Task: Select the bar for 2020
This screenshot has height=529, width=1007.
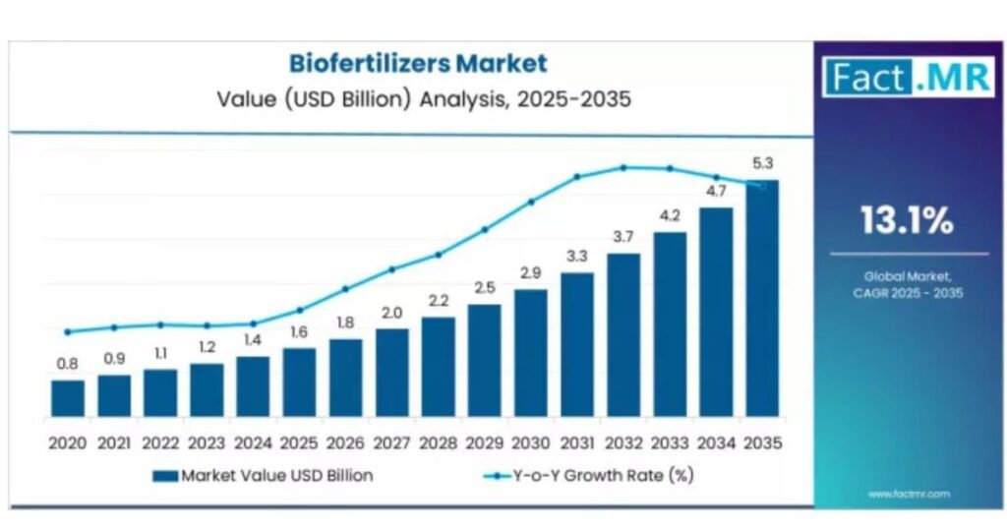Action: (x=68, y=397)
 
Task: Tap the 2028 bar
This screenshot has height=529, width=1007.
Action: (x=439, y=366)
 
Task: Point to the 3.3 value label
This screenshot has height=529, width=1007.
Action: (x=577, y=257)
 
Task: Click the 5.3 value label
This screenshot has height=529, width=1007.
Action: (x=762, y=162)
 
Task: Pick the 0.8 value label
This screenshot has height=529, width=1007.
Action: (x=67, y=364)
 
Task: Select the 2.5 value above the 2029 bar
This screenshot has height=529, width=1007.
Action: (x=485, y=288)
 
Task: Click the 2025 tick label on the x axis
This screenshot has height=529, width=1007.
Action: (x=299, y=443)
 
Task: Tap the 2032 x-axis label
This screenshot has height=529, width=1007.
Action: (x=623, y=443)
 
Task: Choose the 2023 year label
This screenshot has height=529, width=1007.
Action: (x=207, y=443)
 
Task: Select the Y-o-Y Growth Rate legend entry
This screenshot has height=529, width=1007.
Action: (x=590, y=476)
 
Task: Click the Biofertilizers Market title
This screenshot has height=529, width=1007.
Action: (x=417, y=64)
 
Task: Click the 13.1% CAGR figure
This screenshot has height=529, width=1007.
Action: (x=907, y=221)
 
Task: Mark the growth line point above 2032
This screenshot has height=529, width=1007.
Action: (x=623, y=167)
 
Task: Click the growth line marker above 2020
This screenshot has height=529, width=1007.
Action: (x=68, y=332)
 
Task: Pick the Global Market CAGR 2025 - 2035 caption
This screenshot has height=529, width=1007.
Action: (x=907, y=285)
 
